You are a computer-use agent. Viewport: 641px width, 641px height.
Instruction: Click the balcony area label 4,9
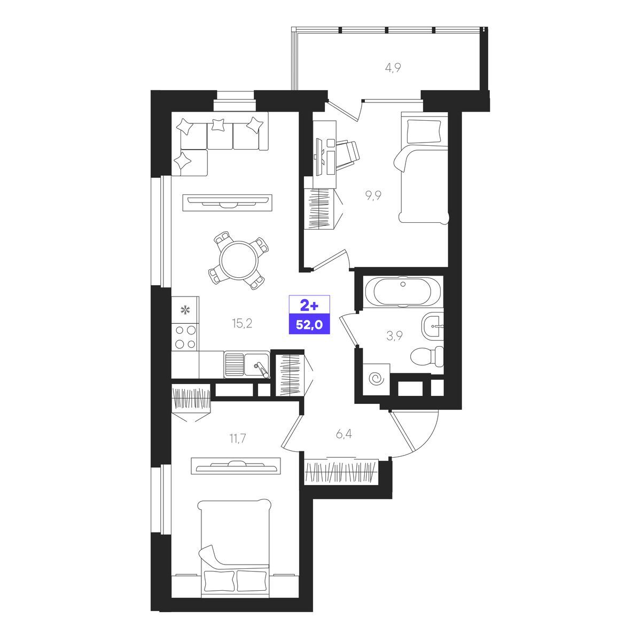(x=393, y=68)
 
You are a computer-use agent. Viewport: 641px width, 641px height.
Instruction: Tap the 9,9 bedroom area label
(x=373, y=196)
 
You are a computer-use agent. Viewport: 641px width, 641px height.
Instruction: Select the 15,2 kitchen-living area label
(x=242, y=323)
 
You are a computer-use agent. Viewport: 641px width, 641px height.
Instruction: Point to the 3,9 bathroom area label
(x=395, y=336)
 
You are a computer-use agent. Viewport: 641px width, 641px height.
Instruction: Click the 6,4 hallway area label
(x=343, y=434)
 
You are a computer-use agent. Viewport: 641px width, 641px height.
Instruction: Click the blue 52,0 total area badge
(x=309, y=324)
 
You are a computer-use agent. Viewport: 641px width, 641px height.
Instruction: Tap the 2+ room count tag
(x=309, y=305)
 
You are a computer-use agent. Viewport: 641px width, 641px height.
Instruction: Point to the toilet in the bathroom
(x=427, y=357)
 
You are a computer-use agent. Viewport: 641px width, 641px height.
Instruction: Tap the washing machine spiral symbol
(x=376, y=379)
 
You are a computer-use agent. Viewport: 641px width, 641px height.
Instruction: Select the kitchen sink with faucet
(x=256, y=365)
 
